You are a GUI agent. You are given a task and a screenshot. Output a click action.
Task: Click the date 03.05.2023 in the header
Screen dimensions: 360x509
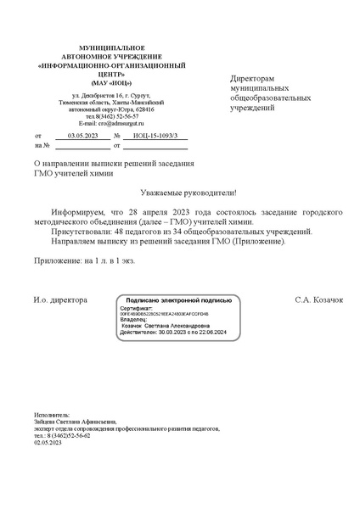82,136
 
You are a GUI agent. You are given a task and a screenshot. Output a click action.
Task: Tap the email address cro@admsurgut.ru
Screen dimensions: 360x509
110,123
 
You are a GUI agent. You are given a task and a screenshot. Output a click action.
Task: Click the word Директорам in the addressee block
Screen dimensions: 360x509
256,77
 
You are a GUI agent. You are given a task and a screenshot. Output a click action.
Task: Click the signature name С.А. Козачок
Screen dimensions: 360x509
318,300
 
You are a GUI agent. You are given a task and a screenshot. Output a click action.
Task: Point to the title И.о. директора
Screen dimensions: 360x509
60,300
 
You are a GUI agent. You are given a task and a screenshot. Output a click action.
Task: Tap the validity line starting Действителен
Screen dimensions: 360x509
175,333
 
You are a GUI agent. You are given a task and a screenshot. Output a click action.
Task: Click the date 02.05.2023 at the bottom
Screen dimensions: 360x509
49,443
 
